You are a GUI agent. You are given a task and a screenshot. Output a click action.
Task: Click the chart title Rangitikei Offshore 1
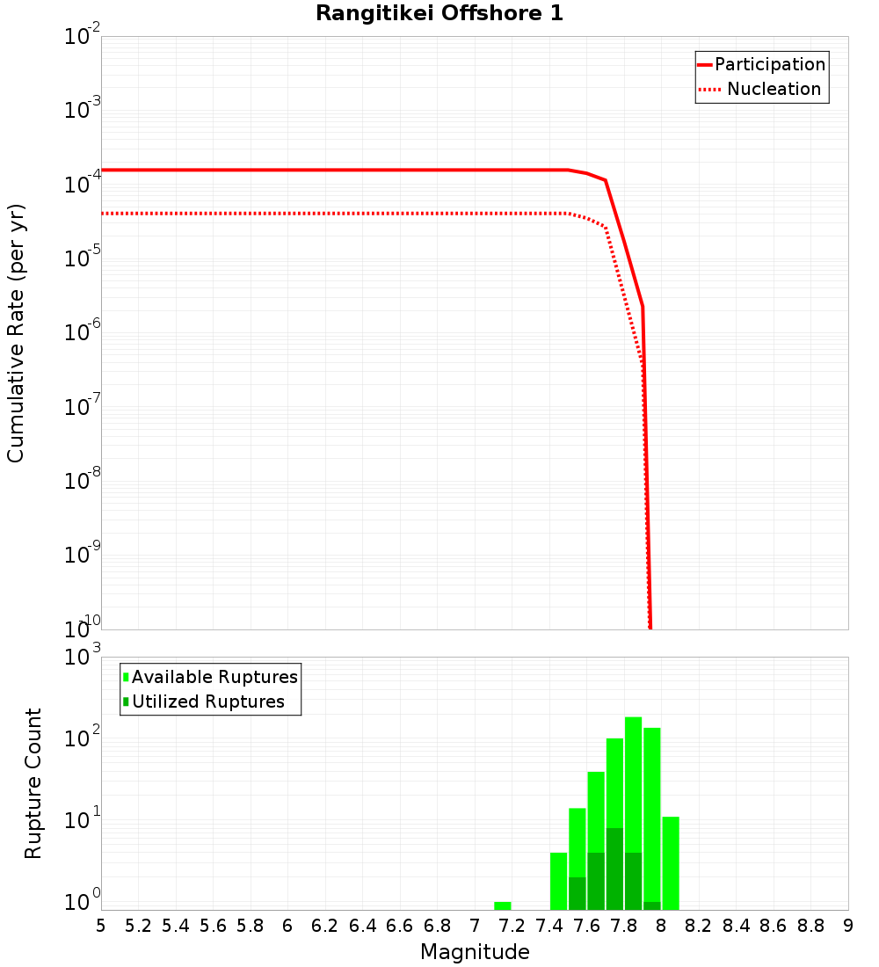click(x=439, y=13)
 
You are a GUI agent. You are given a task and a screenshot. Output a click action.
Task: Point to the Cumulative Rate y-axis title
click(x=16, y=332)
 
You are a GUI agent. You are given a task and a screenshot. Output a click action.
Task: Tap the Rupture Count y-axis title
click(x=33, y=783)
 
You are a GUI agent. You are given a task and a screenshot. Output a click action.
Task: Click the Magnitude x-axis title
click(x=475, y=952)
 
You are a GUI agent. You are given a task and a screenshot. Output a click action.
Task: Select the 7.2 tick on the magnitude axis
click(x=512, y=926)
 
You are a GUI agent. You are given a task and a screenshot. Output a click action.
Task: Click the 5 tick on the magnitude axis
click(x=101, y=926)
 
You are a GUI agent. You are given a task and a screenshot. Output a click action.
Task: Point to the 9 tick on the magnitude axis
click(x=848, y=926)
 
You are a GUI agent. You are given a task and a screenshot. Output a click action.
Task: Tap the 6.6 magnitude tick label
click(x=399, y=926)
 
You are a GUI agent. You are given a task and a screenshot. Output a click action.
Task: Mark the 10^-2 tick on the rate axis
click(x=84, y=37)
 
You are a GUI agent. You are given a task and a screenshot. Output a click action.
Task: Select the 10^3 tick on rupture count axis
click(x=84, y=658)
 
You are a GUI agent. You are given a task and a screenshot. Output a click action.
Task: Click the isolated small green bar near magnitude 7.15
click(x=503, y=905)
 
